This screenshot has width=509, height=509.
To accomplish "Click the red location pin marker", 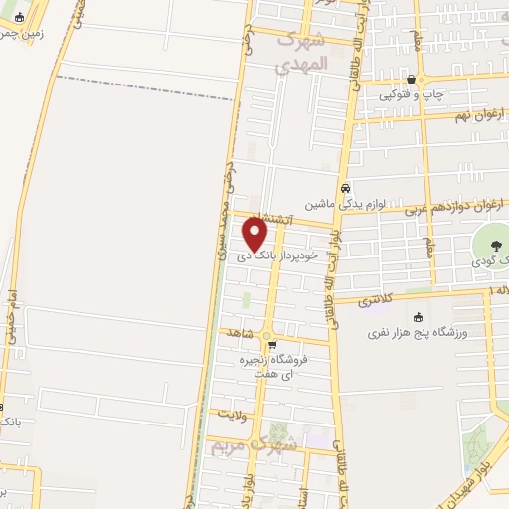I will point(255,233).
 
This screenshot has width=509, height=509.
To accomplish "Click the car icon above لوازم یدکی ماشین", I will point(345,188).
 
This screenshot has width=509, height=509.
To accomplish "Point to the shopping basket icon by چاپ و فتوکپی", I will point(412,79).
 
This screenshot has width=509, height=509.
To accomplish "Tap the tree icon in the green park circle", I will point(494,243).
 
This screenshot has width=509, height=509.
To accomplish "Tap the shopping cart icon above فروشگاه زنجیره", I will point(286,345).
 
